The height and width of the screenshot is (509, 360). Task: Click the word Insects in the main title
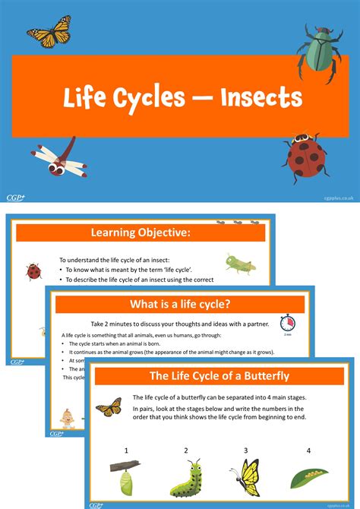click(x=261, y=96)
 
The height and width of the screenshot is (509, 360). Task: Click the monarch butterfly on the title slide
click(x=49, y=32)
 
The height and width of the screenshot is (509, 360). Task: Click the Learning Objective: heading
click(x=141, y=232)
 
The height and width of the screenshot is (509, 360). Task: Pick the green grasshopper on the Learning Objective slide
click(x=239, y=264)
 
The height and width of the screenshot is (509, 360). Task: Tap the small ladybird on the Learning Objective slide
click(x=33, y=270)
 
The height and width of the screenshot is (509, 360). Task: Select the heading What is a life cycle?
click(x=180, y=305)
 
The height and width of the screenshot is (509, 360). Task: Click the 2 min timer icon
click(x=288, y=324)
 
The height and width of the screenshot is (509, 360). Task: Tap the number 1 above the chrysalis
click(x=125, y=450)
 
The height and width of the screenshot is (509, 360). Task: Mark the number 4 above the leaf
click(x=308, y=450)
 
